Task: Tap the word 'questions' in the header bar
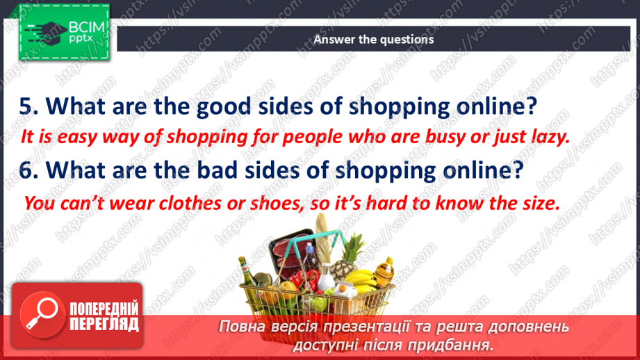click(407, 40)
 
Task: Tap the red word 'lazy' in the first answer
click(550, 137)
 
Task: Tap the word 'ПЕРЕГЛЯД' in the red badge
click(104, 324)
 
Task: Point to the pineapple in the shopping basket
click(345, 261)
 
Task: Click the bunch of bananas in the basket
click(366, 279)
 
